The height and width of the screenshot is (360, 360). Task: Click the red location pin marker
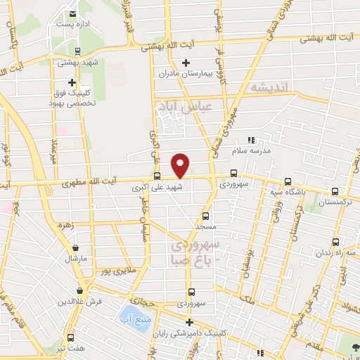click(181, 165)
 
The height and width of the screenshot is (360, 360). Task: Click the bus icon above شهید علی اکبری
click(157, 177)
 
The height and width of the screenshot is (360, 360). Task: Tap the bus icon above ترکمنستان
click(334, 191)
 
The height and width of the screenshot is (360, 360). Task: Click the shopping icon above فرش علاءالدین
click(79, 290)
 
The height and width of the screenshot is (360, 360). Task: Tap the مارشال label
click(75, 259)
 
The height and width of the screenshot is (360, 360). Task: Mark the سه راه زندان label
click(339, 252)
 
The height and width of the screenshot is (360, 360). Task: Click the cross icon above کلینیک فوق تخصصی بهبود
click(72, 82)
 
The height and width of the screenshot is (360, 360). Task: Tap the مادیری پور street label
click(114, 270)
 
